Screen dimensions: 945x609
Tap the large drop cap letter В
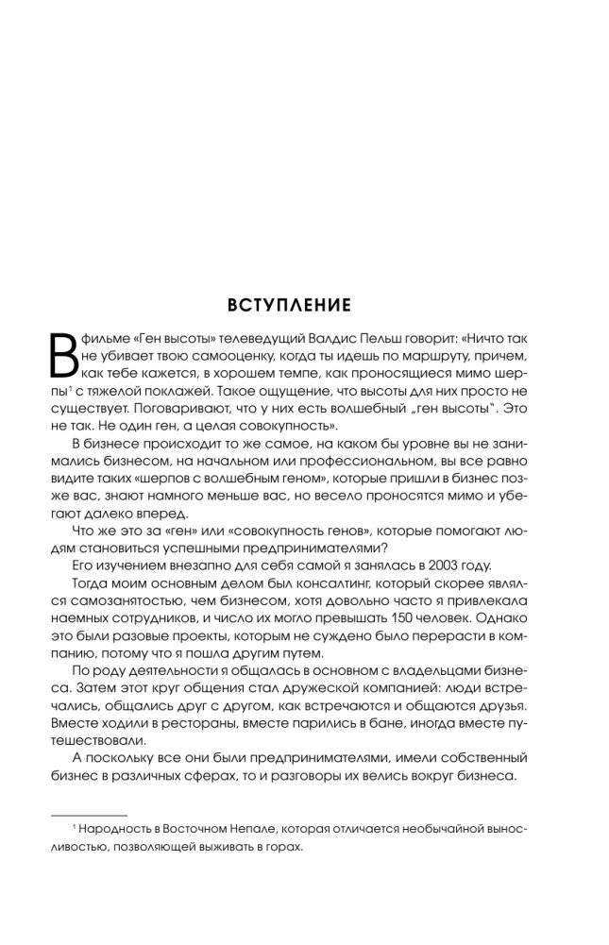point(61,357)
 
